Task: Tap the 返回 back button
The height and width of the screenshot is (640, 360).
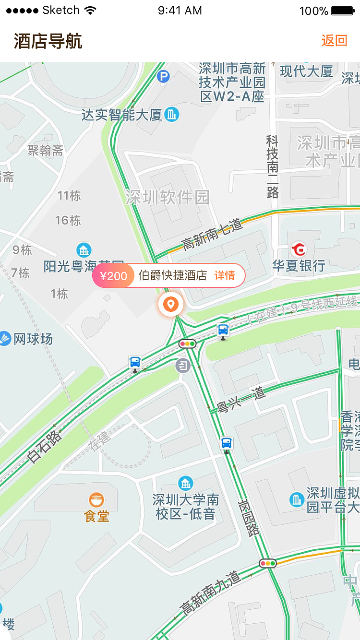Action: point(334,40)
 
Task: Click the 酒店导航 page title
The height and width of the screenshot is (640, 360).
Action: point(48,41)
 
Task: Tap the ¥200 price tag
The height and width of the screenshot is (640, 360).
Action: point(113,276)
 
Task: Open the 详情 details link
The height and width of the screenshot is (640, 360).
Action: point(225,276)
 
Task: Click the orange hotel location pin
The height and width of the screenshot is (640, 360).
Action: point(170,304)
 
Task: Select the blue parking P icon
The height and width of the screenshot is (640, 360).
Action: point(164,76)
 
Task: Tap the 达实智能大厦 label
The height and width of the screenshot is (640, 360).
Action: point(122,115)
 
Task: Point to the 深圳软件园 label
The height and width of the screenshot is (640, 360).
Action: point(168,197)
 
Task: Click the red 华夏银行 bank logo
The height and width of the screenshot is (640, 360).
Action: point(299,249)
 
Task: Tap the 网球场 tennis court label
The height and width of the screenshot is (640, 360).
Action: point(33,339)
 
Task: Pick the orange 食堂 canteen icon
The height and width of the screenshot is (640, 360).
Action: point(96,500)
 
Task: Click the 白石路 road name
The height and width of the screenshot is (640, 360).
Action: point(45,446)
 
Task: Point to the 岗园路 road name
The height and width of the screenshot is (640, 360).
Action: point(249,517)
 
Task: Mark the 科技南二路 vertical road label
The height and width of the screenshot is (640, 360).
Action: point(272,166)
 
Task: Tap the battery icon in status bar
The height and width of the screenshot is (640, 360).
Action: point(343,11)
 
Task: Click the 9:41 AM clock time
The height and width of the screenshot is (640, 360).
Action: point(180,11)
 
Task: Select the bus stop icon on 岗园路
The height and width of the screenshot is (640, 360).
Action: point(227,443)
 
